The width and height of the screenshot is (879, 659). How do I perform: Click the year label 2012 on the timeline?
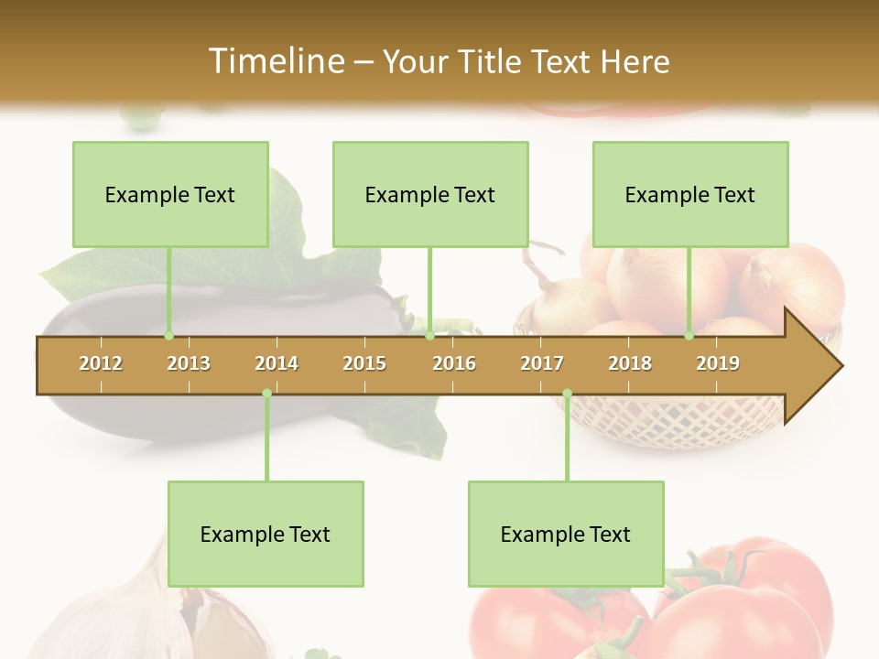[101, 363]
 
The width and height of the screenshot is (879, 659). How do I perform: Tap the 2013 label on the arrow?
[189, 363]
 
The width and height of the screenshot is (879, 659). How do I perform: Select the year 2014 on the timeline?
[277, 363]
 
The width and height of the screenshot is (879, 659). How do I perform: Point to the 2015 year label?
[364, 363]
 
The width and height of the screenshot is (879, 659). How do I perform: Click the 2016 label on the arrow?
[454, 363]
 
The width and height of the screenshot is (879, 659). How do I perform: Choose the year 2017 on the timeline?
[542, 363]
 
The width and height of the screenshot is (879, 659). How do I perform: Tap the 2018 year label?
[630, 363]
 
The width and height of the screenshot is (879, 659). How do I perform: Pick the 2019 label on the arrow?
[718, 363]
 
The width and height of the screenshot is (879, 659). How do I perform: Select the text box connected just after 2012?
[170, 194]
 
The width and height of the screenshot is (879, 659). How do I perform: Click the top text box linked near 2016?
[430, 194]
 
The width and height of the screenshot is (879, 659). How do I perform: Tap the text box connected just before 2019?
[690, 194]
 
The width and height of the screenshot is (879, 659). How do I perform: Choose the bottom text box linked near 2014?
[266, 534]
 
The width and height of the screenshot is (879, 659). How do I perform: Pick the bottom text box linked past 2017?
[566, 534]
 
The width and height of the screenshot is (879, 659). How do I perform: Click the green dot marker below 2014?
[266, 394]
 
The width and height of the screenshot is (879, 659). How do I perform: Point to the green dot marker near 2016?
[429, 336]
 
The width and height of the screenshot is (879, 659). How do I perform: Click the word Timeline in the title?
[275, 61]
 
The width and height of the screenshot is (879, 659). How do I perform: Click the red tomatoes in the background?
[732, 604]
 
